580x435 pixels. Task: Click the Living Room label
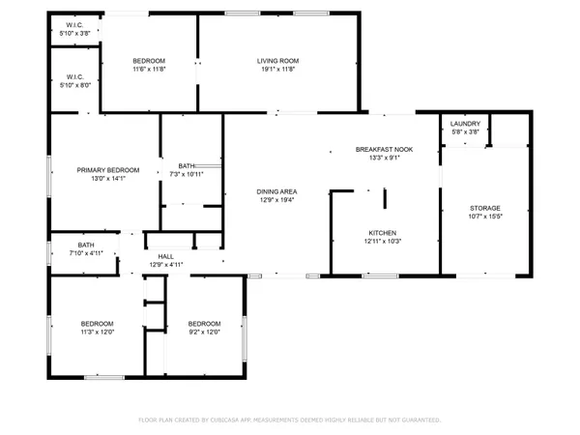(x=275, y=61)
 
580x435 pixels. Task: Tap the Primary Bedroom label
(x=108, y=169)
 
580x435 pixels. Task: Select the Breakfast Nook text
(x=384, y=149)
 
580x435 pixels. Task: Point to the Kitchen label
(x=383, y=233)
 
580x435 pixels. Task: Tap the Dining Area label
(x=276, y=191)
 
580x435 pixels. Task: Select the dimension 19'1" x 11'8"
(x=275, y=70)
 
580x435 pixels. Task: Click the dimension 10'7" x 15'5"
(x=485, y=216)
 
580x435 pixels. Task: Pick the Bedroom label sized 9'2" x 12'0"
(x=204, y=323)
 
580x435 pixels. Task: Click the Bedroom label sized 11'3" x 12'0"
(x=97, y=323)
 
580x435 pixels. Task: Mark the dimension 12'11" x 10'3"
(x=383, y=242)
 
